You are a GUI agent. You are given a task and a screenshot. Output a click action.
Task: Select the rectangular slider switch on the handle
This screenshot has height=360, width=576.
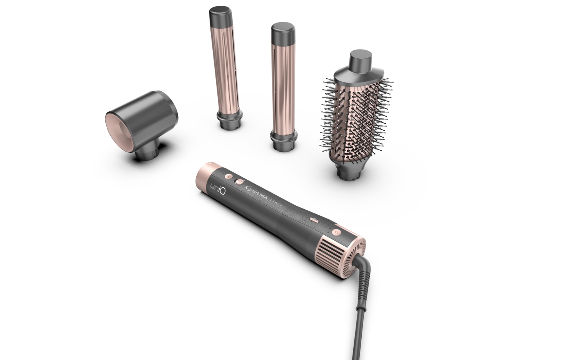coord(314,220)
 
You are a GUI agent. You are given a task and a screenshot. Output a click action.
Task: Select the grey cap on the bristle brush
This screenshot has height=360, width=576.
coord(360,64)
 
